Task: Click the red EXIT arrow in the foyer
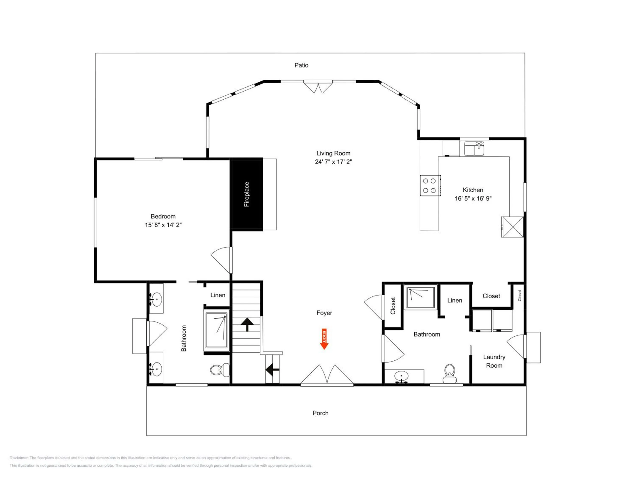[x=324, y=339]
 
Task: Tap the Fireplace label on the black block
[x=246, y=194]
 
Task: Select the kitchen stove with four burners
[x=430, y=185]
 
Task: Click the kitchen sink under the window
[x=474, y=148]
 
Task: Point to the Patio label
[x=301, y=65]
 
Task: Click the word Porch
[x=320, y=413]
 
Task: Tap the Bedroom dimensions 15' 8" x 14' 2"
[x=163, y=225]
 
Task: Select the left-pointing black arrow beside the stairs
[x=272, y=370]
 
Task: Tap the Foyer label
[x=324, y=313]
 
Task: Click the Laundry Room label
[x=494, y=361]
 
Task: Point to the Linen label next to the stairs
[x=218, y=295]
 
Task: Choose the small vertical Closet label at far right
[x=520, y=296]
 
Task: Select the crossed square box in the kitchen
[x=513, y=227]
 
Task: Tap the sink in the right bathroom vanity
[x=401, y=376]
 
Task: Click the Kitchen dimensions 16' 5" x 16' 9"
[x=473, y=198]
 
